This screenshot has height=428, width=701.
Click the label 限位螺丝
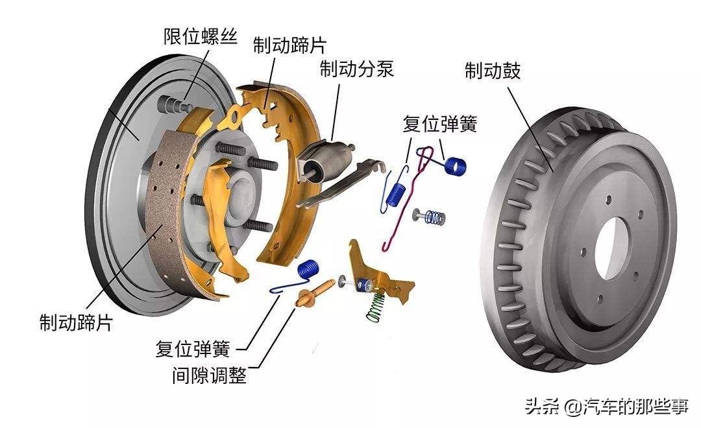(200, 36)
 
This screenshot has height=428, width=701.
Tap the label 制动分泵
(356, 69)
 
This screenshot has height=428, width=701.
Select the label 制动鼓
(493, 71)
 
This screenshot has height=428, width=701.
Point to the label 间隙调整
(210, 375)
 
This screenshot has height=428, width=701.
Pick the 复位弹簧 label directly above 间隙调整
(193, 349)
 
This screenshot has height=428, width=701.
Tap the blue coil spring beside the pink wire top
(456, 165)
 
